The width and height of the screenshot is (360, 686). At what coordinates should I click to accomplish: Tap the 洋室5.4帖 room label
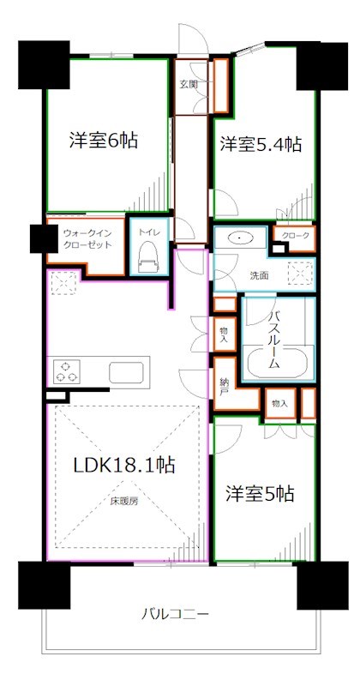click(258, 144)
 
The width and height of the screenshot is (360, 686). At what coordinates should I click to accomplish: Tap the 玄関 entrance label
click(189, 84)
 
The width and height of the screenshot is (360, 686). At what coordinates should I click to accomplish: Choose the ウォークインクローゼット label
click(83, 237)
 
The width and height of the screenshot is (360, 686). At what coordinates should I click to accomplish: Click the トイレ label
click(149, 230)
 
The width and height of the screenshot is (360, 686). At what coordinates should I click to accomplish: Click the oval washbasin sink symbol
click(241, 238)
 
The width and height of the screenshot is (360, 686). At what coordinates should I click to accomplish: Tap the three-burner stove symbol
click(68, 371)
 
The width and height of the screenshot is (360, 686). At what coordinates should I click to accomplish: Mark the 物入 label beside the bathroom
click(223, 334)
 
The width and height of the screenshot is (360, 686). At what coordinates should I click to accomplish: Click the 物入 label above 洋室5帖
click(279, 402)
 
